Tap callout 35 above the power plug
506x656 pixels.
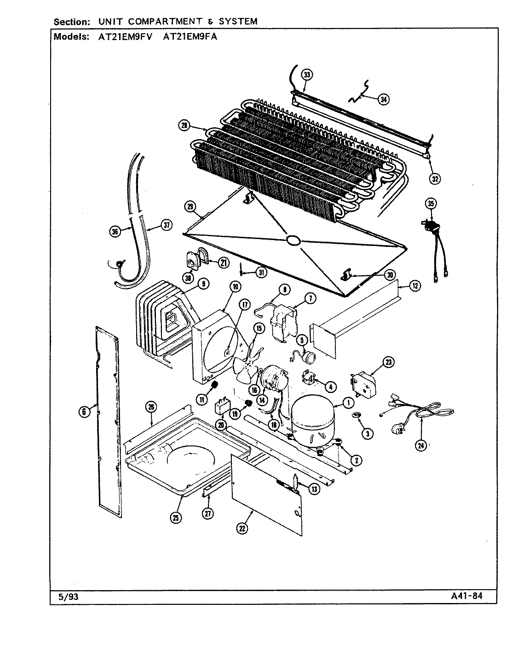pos(431,203)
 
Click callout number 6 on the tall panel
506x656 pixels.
pos(84,412)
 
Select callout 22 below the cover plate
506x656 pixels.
pos(242,528)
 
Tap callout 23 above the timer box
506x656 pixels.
pos(389,363)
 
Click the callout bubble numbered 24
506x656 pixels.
pos(421,445)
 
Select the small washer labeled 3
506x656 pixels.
pos(355,416)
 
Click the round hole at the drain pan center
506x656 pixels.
pos(293,240)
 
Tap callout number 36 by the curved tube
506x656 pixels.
pos(115,232)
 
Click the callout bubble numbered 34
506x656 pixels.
pos(383,99)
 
